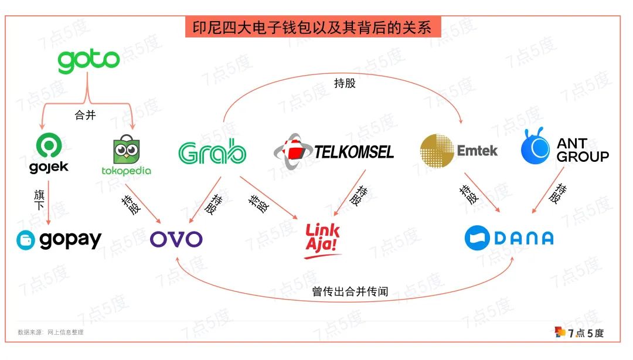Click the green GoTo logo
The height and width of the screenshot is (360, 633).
[89, 61]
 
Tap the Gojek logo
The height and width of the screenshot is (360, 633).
[49, 154]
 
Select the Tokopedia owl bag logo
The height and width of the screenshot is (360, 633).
[125, 157]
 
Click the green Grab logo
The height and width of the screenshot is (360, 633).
[212, 152]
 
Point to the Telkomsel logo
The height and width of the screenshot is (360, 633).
[333, 151]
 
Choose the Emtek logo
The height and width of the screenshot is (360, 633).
[459, 151]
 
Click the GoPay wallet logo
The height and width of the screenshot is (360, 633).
[59, 240]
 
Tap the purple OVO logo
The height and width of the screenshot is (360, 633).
[176, 239]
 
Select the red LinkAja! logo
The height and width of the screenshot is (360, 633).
[323, 240]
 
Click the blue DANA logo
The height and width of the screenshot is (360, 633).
[509, 237]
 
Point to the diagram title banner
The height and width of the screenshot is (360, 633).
[312, 28]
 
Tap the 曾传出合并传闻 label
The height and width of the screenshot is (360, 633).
[349, 291]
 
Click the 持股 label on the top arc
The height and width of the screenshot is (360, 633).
[345, 83]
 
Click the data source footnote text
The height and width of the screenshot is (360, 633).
[50, 332]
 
